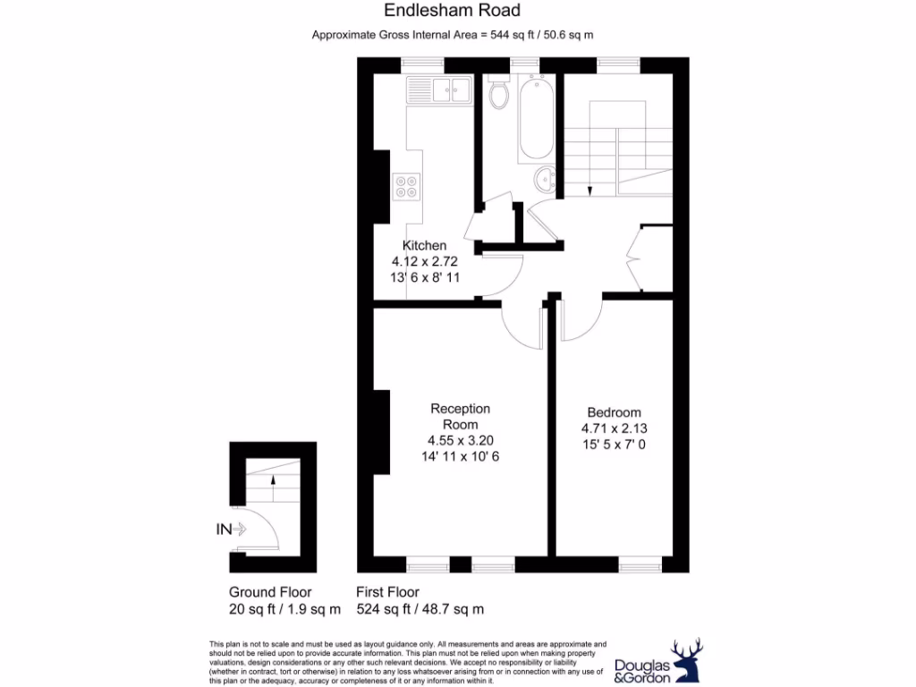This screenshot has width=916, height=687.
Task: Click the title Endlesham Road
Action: click(452, 11)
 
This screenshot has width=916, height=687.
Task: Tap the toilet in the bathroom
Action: click(499, 92)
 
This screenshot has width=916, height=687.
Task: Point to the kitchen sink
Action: click(438, 89)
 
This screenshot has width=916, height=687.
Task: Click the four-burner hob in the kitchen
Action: click(405, 186)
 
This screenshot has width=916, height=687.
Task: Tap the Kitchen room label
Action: click(424, 246)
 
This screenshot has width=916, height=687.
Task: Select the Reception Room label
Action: click(461, 416)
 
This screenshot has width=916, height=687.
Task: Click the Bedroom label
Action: click(612, 412)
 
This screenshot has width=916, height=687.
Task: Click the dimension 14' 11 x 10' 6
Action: click(461, 456)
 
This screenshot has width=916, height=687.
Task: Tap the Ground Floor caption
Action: click(270, 592)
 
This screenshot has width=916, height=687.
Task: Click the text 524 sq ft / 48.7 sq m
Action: click(420, 609)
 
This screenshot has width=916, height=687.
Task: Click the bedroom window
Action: click(640, 564)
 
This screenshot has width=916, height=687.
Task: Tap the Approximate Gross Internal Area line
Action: click(453, 35)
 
